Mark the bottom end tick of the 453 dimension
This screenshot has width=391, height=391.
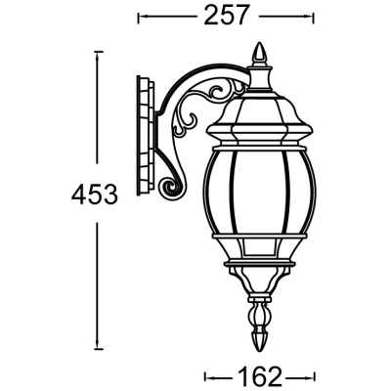[98, 348]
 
